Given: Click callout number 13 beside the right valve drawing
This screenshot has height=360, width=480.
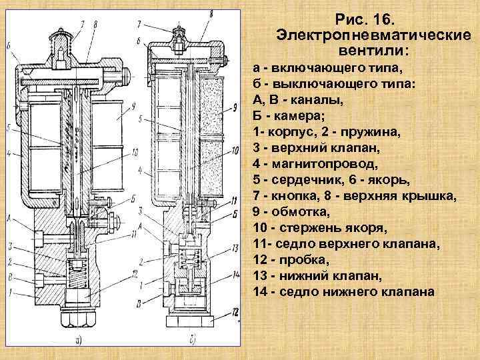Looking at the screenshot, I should tap(234, 249).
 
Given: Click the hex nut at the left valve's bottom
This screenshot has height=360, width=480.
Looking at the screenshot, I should tap(79, 318).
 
